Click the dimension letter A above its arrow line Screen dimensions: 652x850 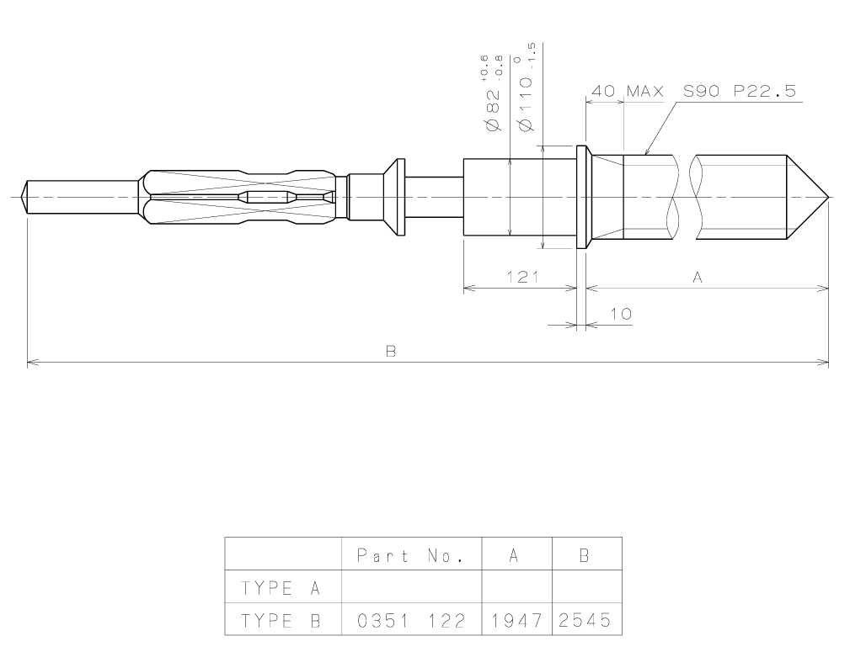[697, 278]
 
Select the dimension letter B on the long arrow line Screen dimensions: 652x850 [391, 352]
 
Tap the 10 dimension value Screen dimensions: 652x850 [620, 314]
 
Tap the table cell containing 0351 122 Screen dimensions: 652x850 [411, 623]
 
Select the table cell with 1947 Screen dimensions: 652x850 [516, 623]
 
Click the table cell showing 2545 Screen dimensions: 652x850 [587, 623]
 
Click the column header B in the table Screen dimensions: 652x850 [587, 556]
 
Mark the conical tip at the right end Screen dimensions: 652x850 [809, 199]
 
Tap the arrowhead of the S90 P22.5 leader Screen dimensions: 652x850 [645, 154]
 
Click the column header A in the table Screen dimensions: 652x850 [516, 556]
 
